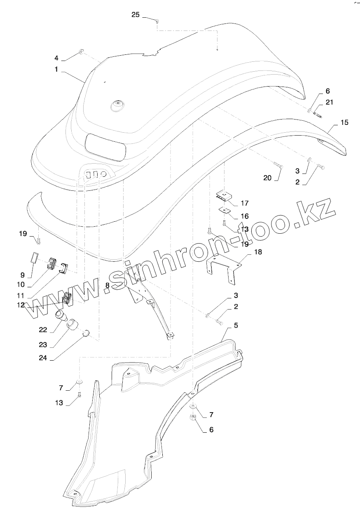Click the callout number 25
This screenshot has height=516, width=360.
[x=136, y=15]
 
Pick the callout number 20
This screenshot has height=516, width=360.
[x=267, y=178]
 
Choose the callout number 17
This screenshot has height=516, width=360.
[x=245, y=203]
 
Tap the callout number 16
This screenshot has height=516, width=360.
[x=245, y=216]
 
